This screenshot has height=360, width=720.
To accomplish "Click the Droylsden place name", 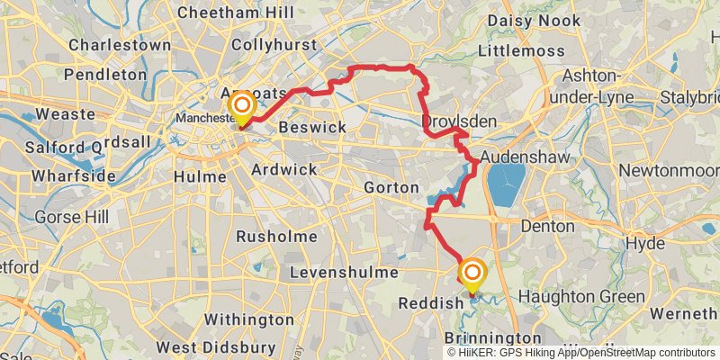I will [448, 121].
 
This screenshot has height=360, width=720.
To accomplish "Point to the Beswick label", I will [311, 128].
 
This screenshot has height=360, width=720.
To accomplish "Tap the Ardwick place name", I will [284, 169].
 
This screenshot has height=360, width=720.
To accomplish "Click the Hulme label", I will [202, 176].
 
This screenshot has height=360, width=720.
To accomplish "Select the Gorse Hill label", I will [71, 217].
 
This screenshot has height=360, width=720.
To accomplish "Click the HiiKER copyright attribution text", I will [580, 352].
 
